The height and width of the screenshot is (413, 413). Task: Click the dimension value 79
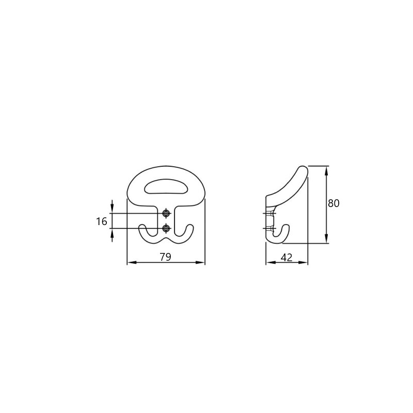tap(165, 257)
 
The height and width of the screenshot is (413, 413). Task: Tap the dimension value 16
tap(101, 221)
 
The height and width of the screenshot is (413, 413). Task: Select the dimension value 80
tap(333, 203)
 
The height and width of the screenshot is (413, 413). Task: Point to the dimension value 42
tap(287, 257)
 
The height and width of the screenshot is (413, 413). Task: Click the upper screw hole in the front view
tap(166, 213)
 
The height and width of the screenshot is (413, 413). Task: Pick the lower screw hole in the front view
tap(166, 228)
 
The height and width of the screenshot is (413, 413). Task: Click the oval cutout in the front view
tap(166, 187)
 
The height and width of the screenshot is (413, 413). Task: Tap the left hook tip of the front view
tap(142, 226)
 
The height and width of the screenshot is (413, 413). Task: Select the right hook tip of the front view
tap(190, 226)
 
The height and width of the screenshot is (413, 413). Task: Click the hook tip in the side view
tap(286, 226)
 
